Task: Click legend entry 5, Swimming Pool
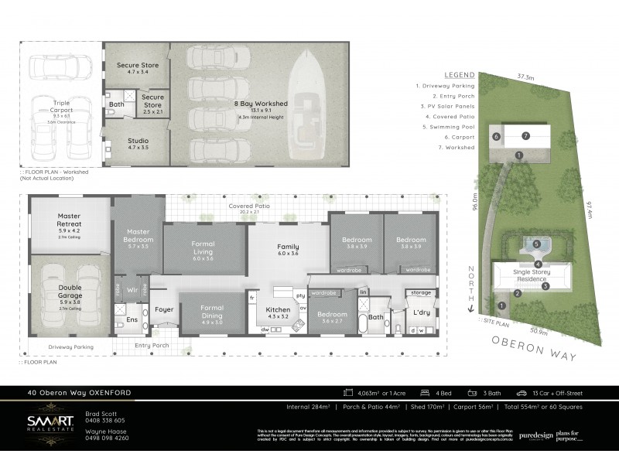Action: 446,125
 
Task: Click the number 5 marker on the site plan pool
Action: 536,244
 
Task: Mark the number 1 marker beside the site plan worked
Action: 518,156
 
